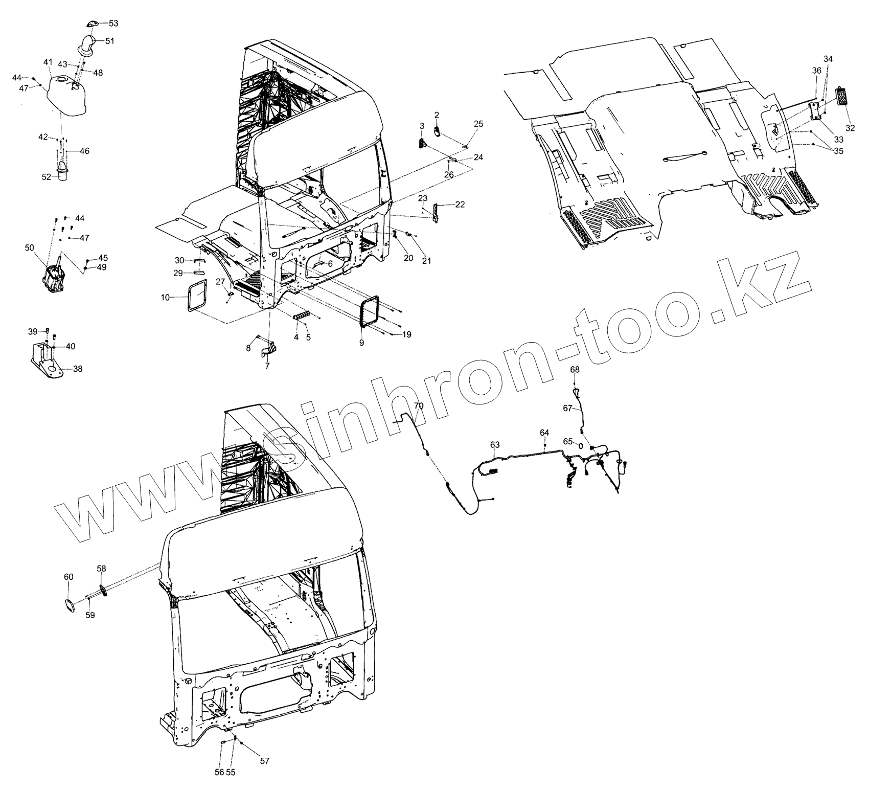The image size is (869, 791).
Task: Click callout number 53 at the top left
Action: (113, 24)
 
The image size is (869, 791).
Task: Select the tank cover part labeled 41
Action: (66, 97)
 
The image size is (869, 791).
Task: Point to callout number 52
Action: (47, 176)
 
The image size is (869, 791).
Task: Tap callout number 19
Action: (406, 335)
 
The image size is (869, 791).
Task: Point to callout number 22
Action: (460, 205)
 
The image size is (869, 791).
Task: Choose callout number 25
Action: (478, 124)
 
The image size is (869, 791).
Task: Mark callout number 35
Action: (839, 151)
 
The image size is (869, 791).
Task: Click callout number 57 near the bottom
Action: (264, 761)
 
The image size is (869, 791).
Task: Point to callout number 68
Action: (575, 369)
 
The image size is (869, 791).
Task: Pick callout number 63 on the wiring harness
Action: (495, 444)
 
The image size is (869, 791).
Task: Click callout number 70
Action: (419, 406)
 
